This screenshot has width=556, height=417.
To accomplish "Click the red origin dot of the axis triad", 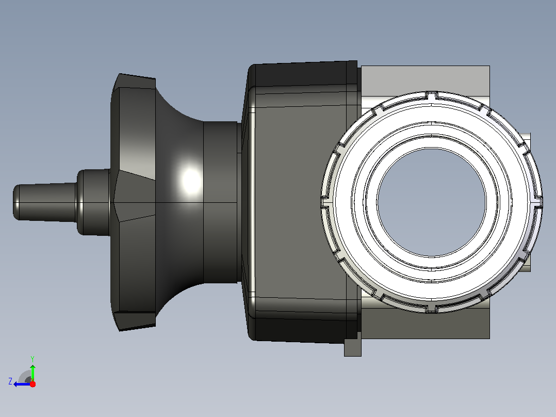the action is tap(32, 384).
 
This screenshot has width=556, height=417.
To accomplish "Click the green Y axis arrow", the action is tap(32, 373).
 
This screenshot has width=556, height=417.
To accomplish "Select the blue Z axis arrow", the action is tap(22, 384).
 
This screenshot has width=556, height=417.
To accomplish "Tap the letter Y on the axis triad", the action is tap(32, 359).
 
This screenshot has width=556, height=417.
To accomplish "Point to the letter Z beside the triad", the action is tap(10, 381).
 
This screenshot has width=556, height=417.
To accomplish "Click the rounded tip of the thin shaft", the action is tap(16, 202).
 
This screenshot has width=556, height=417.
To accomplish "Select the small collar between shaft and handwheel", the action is tap(93, 202).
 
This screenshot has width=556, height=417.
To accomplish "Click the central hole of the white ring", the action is tap(432, 202).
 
